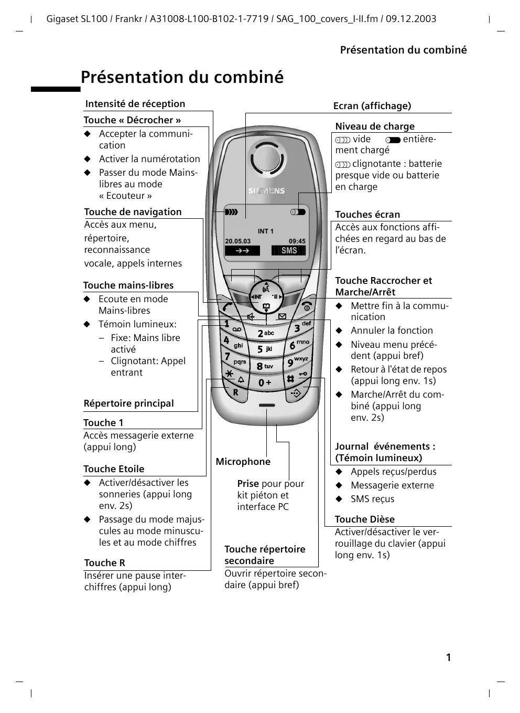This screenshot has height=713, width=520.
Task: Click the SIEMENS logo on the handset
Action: (266, 191)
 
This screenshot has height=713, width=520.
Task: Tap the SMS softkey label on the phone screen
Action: (288, 251)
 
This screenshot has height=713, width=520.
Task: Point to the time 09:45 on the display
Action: (297, 241)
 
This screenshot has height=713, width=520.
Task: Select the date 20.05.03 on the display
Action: (238, 241)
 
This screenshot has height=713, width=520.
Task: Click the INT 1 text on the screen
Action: (266, 231)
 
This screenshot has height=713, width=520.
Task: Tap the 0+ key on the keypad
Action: (265, 383)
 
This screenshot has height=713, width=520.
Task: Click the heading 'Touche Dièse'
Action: (365, 519)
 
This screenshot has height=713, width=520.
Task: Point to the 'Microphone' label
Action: (243, 462)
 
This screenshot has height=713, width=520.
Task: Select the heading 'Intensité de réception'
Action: (135, 104)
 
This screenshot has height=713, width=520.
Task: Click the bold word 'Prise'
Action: (248, 484)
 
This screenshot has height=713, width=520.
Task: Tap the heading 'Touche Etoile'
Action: (114, 469)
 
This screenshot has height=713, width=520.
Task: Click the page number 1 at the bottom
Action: (448, 657)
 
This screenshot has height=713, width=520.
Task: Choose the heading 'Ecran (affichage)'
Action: (372, 106)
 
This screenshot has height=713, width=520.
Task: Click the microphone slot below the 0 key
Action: (267, 406)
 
